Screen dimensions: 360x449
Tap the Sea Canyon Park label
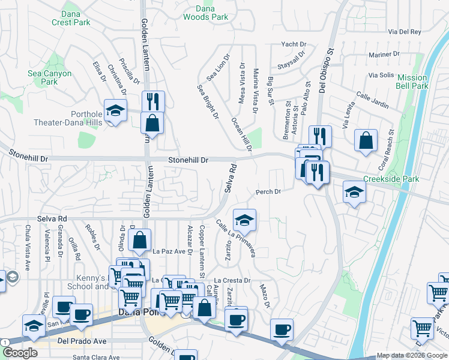coord(49,78)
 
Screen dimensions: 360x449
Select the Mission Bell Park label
coord(412,82)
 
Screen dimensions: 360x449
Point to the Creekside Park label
coord(391,179)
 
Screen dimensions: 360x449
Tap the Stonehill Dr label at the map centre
coord(188,160)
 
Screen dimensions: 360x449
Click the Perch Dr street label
coord(268,192)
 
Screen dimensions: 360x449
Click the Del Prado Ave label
coord(82,341)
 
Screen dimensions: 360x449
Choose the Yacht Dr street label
coord(294,44)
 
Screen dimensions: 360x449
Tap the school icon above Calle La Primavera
coord(244,220)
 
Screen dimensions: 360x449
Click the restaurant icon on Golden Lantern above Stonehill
coord(153,101)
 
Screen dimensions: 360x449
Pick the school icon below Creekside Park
coord(354,193)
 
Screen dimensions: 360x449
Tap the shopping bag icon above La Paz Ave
coord(139,240)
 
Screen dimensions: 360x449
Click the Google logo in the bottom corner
coord(19,353)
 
